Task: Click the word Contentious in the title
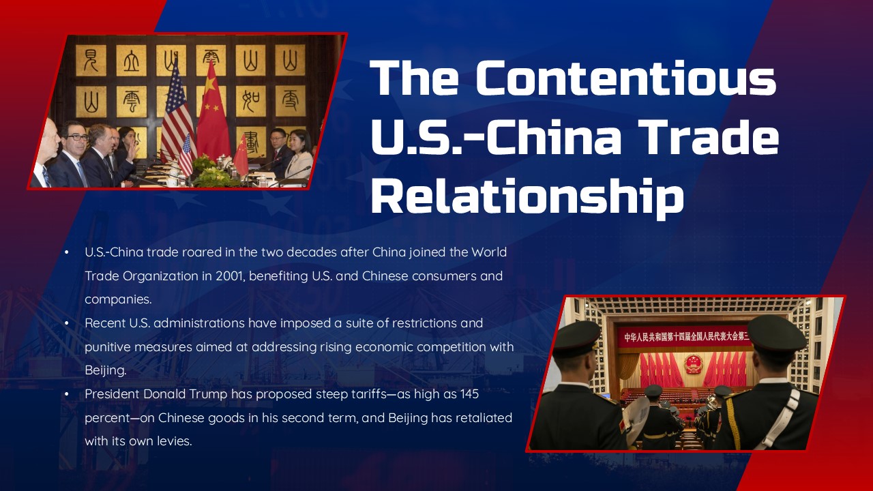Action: [x=625, y=78]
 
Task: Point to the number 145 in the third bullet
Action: [x=469, y=393]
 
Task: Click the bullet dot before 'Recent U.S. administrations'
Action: [x=67, y=323]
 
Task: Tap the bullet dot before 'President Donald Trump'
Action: [x=67, y=393]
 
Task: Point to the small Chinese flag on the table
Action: [x=241, y=157]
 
